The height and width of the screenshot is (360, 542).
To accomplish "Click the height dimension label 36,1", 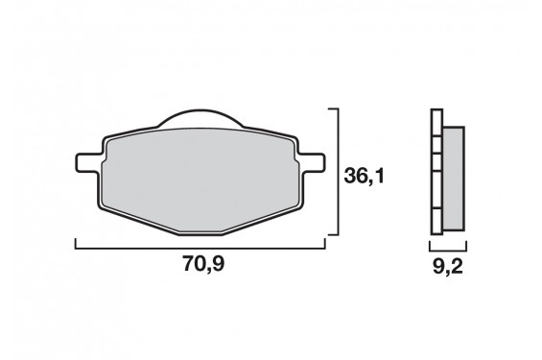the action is pyautogui.click(x=364, y=177).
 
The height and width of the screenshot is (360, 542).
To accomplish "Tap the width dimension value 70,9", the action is pyautogui.click(x=203, y=264).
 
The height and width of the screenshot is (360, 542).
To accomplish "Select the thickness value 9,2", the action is pyautogui.click(x=448, y=266).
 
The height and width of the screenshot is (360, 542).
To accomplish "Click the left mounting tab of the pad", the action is pyautogui.click(x=89, y=162).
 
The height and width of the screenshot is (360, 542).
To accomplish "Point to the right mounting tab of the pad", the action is pyautogui.click(x=311, y=162).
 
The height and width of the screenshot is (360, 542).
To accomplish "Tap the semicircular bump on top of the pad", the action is pyautogui.click(x=200, y=117).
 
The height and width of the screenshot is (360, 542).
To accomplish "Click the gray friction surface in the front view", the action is pyautogui.click(x=200, y=180).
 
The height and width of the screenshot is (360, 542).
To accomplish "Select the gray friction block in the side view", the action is pyautogui.click(x=454, y=179).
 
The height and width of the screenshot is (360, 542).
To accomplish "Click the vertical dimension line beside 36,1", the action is pyautogui.click(x=338, y=172).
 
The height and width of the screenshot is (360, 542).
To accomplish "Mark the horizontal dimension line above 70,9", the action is pyautogui.click(x=200, y=248).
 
